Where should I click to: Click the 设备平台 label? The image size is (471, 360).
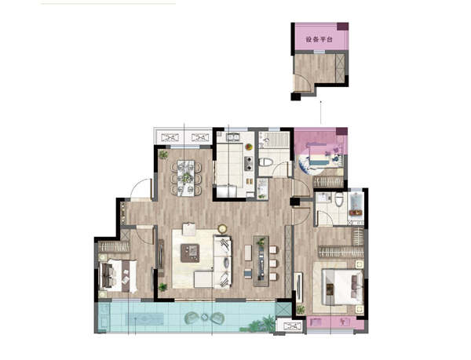(319, 39)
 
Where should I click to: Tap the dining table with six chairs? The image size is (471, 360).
(186, 178)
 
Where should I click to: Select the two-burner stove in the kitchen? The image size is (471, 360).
(248, 163)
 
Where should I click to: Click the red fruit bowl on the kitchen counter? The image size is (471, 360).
(249, 147)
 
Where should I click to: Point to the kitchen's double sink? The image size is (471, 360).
(232, 137)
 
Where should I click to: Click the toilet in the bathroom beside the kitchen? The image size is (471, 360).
(265, 162)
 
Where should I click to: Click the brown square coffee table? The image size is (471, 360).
(190, 253)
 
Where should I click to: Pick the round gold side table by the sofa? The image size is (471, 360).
(222, 229)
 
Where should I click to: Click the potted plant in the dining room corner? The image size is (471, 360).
(163, 155)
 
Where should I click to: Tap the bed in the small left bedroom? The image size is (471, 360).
(118, 275)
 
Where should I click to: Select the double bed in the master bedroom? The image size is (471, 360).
(342, 287)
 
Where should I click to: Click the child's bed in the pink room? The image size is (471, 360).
(322, 159)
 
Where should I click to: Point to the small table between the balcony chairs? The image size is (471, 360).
(205, 317)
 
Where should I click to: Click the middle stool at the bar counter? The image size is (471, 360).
(273, 263)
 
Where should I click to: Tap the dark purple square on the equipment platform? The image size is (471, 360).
(342, 26)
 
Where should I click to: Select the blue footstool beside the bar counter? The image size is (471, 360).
(248, 274)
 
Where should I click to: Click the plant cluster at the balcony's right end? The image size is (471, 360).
(258, 325)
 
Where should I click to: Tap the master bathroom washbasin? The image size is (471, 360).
(323, 197)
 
